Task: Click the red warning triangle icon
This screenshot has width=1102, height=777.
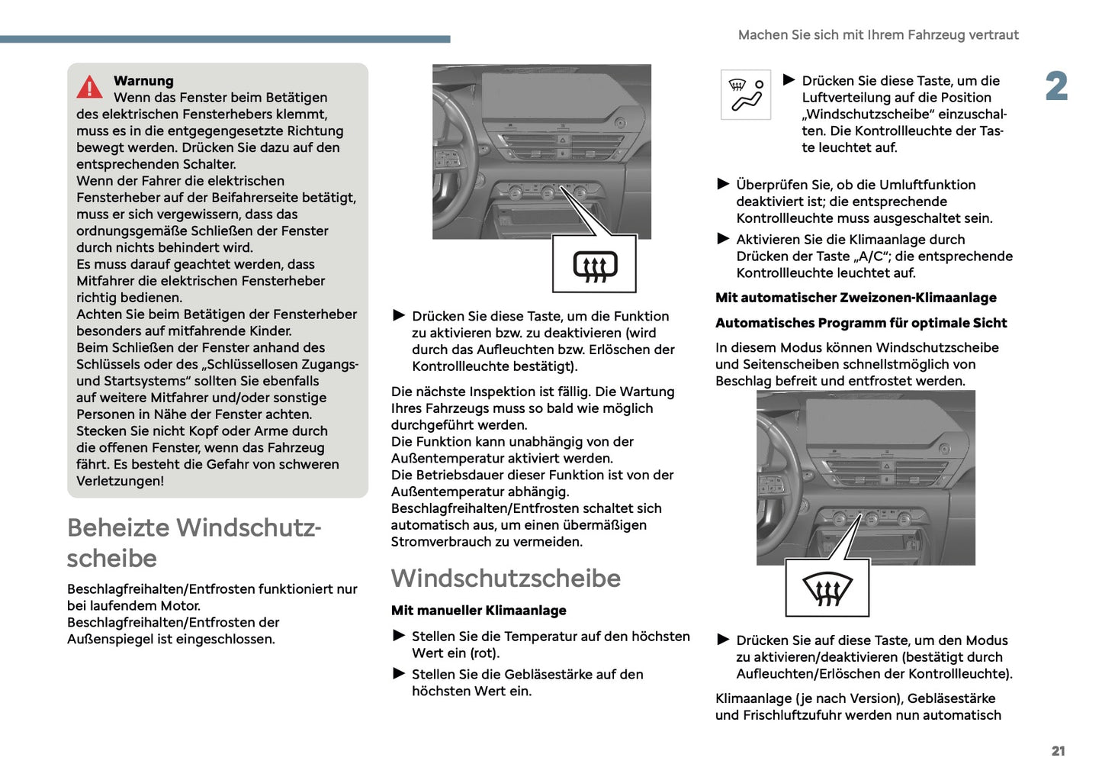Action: (x=89, y=88)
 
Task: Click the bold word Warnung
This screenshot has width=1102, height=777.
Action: (x=143, y=81)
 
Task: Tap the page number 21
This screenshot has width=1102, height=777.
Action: (x=1058, y=751)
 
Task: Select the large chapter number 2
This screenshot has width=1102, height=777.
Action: (x=1056, y=86)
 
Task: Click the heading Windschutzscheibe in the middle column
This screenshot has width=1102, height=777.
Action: (x=506, y=579)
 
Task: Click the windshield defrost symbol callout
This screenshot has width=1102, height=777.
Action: (x=827, y=588)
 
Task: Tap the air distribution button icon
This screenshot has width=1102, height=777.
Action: (x=746, y=95)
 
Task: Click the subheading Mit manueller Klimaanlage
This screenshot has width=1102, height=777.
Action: (x=478, y=611)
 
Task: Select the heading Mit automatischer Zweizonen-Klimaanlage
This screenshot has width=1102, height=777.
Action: (x=856, y=298)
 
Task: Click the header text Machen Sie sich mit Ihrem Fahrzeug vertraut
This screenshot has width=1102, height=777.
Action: (x=878, y=35)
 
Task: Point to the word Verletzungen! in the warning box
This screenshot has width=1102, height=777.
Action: (x=120, y=481)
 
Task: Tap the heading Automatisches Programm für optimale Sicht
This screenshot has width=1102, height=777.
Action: (x=861, y=323)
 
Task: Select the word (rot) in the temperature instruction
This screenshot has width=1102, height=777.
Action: (x=485, y=653)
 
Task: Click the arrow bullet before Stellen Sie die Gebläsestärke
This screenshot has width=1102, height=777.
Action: (x=399, y=673)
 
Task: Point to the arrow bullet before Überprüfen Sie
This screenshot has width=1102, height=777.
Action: (x=723, y=184)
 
